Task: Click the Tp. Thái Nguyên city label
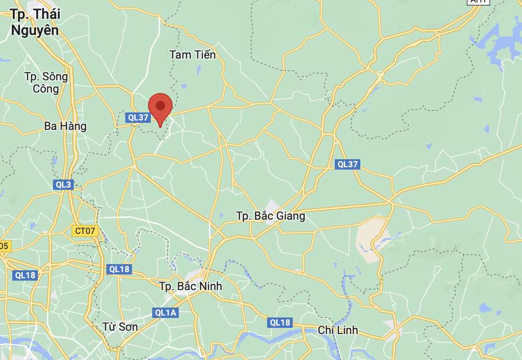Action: point(35,22)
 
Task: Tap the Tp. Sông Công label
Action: point(46,83)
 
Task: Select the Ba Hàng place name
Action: point(65,126)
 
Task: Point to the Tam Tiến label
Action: point(192,55)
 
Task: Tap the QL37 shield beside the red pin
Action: point(137,118)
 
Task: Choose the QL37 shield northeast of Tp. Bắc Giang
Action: point(348,164)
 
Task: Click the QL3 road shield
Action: point(63,185)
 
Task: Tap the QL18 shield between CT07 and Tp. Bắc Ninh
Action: point(119,269)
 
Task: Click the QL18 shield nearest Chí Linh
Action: point(280,323)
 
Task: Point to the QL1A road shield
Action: point(165,312)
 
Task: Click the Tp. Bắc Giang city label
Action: point(270,216)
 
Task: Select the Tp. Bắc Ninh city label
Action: point(191,286)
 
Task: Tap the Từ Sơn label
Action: point(120,327)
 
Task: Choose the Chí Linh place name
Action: point(338,330)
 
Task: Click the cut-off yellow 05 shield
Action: point(4,246)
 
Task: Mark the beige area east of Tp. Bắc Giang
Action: point(371,236)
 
